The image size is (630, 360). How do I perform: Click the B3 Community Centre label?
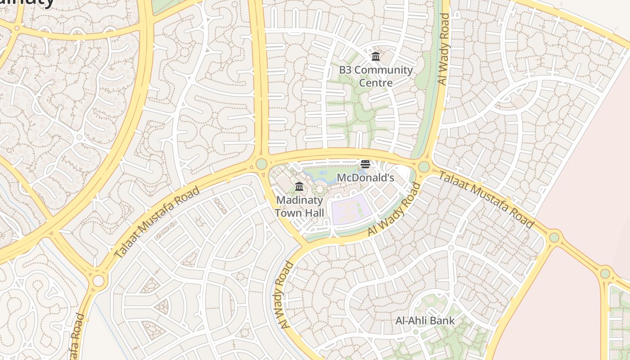click(376, 76)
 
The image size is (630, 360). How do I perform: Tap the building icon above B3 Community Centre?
click(376, 57)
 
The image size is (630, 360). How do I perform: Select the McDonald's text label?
click(365, 178)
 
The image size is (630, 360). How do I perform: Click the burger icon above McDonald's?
click(365, 164)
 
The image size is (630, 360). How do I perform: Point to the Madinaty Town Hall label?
click(299, 206)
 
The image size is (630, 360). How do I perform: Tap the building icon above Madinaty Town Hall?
click(299, 186)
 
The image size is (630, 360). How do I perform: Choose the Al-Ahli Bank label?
click(425, 321)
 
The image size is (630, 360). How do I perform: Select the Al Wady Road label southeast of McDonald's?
click(394, 209)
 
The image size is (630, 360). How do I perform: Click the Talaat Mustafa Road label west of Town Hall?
click(157, 222)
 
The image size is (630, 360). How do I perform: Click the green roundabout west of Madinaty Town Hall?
click(261, 163)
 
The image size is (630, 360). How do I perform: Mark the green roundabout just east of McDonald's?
click(423, 167)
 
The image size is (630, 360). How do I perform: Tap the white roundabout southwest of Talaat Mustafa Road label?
click(98, 281)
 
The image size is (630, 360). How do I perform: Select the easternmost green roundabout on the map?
click(605, 273)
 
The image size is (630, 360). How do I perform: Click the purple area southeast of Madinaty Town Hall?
click(351, 209)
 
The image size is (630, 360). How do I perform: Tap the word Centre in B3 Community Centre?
click(376, 83)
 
